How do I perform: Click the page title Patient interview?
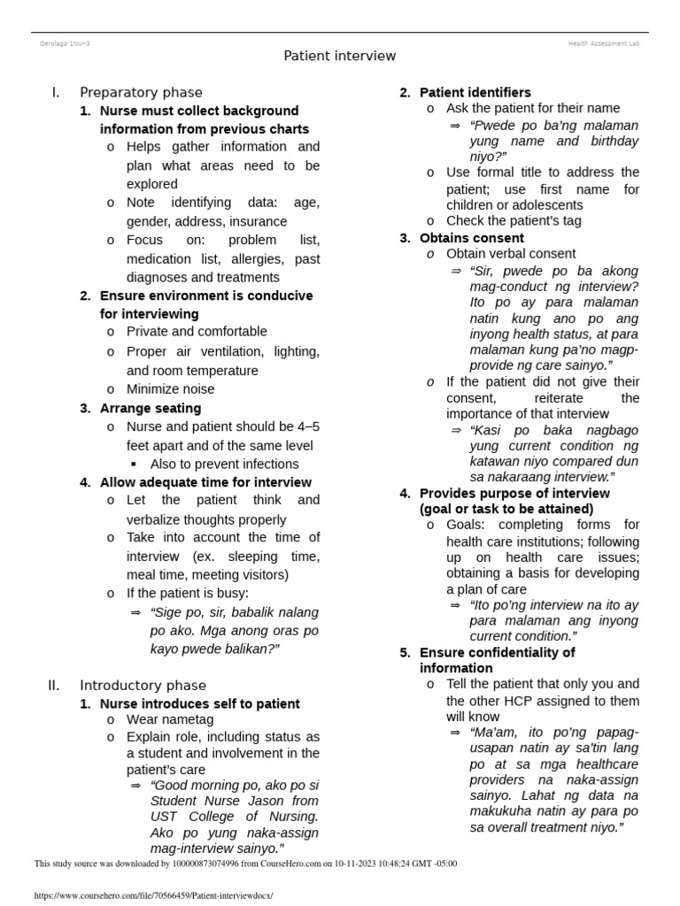339,56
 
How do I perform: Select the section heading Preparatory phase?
141,92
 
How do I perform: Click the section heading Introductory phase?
143,685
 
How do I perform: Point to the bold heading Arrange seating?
151,408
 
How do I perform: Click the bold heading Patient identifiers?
475,92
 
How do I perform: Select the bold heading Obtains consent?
471,238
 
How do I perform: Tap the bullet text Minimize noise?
170,388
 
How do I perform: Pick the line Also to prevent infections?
224,464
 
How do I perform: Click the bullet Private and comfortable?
197,331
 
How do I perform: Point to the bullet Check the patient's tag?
514,220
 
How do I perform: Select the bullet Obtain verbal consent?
510,254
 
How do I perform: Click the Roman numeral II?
53,685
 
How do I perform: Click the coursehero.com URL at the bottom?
153,895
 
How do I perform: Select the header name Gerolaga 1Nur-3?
65,42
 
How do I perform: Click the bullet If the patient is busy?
188,593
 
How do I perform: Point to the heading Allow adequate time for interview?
205,482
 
